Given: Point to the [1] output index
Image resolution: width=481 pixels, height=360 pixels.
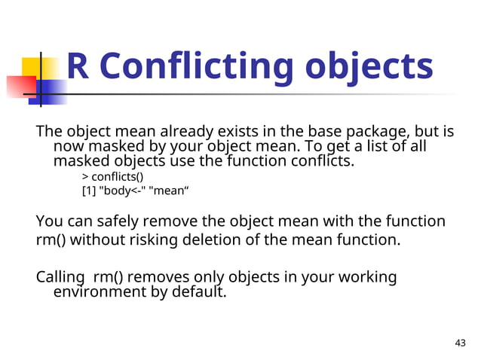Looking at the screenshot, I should (89, 191).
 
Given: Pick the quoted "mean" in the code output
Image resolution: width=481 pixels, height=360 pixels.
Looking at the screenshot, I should (168, 191).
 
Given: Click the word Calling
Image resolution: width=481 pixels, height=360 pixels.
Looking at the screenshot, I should (61, 277).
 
